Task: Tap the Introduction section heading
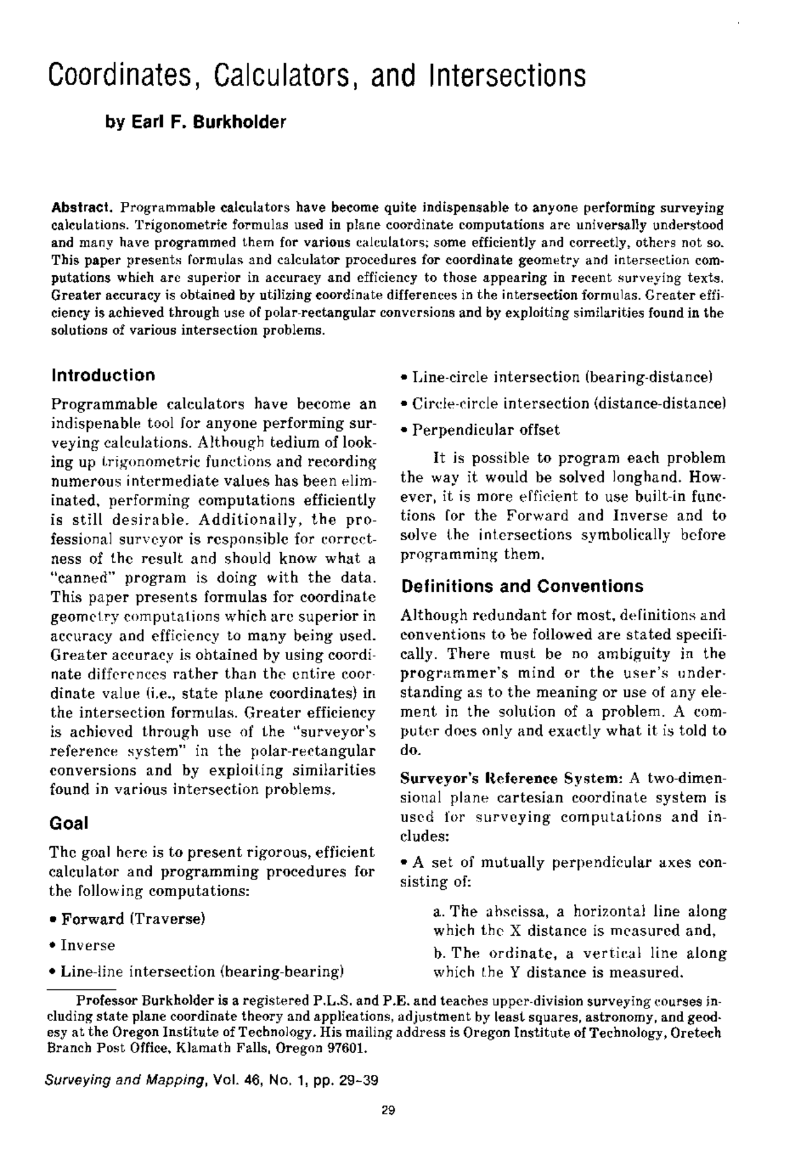point(103,375)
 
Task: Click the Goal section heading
point(68,823)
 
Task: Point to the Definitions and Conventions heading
point(522,586)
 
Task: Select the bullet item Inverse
point(88,945)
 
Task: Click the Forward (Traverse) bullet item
point(132,918)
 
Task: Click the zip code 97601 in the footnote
point(348,1050)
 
